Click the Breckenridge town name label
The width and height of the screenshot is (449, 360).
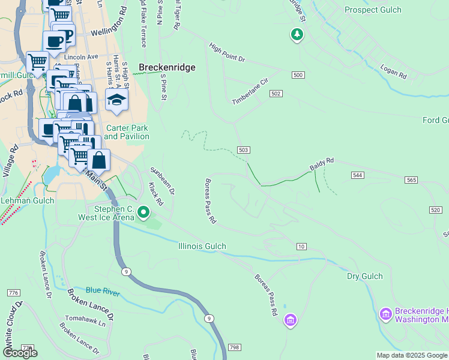[167, 68]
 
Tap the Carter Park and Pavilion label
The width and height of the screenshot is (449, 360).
[127, 132]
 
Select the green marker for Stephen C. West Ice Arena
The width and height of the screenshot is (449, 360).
[143, 212]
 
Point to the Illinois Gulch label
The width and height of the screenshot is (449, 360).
[202, 246]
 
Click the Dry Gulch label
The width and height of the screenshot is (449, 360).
[364, 276]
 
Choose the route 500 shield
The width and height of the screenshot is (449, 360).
[298, 75]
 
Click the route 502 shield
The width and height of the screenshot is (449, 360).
[276, 94]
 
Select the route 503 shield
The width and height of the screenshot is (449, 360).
[243, 150]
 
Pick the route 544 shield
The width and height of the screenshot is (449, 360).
[357, 175]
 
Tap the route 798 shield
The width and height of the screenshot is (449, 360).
[234, 347]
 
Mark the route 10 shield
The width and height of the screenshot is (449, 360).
[301, 247]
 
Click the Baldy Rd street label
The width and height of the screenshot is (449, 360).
[321, 164]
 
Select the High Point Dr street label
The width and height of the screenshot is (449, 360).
[227, 52]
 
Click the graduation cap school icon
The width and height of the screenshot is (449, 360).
[116, 100]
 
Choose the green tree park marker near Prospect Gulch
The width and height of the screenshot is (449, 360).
[297, 35]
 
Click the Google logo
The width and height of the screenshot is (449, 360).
[20, 352]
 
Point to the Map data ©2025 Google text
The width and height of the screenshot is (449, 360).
[412, 355]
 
